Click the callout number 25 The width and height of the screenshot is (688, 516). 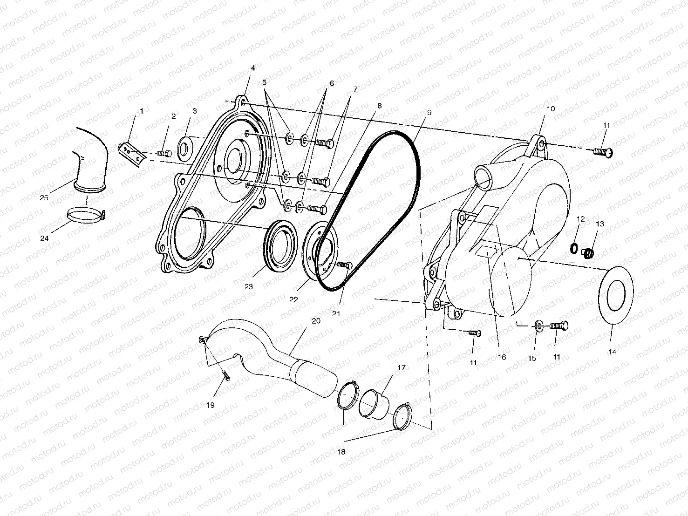click(44, 198)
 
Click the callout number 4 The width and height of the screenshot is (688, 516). click(253, 68)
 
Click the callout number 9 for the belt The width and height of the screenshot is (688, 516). click(429, 112)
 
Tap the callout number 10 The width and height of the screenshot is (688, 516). click(551, 109)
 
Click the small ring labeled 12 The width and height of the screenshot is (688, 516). click(574, 248)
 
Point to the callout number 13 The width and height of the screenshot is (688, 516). click(600, 224)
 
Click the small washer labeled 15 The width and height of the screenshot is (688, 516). click(539, 326)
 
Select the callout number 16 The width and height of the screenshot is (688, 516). click(502, 357)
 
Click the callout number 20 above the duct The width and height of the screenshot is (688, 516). click(316, 321)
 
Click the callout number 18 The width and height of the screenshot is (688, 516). click(341, 452)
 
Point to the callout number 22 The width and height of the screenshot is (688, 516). click(293, 300)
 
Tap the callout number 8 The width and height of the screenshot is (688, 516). click(380, 106)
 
